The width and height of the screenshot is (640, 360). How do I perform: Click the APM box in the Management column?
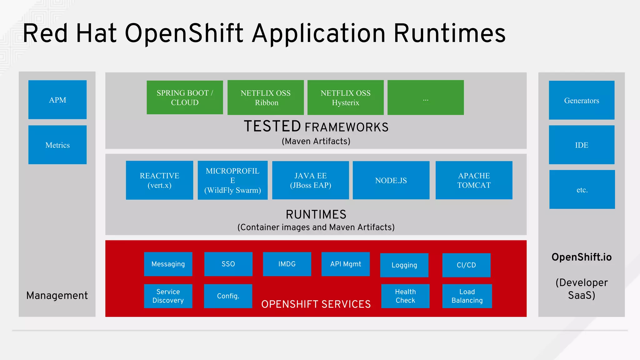[57, 100]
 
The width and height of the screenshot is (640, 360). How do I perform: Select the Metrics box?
[57, 145]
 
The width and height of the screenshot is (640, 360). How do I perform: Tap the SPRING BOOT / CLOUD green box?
[185, 97]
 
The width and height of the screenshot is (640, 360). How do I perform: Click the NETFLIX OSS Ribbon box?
[266, 97]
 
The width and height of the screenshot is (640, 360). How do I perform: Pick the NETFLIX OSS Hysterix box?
[346, 97]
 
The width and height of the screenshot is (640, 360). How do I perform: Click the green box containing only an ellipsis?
[426, 97]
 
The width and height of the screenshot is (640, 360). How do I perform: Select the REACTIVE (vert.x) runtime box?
[159, 180]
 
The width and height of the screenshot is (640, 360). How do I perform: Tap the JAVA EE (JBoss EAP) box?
[310, 180]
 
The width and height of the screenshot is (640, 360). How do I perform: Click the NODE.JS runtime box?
[391, 180]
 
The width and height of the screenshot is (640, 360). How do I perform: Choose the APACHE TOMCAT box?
[474, 180]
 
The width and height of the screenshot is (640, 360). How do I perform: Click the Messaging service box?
[168, 264]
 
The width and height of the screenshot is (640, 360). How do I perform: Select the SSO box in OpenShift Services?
[228, 264]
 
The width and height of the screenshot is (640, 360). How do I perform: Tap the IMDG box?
[287, 264]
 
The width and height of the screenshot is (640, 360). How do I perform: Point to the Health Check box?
[405, 296]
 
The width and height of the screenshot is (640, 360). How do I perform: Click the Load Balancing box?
[467, 296]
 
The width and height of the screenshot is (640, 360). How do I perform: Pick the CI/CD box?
[466, 265]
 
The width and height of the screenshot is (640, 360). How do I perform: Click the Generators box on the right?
[582, 100]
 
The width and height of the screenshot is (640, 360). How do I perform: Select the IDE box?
[582, 145]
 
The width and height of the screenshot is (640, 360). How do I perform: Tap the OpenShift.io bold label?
[581, 257]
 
